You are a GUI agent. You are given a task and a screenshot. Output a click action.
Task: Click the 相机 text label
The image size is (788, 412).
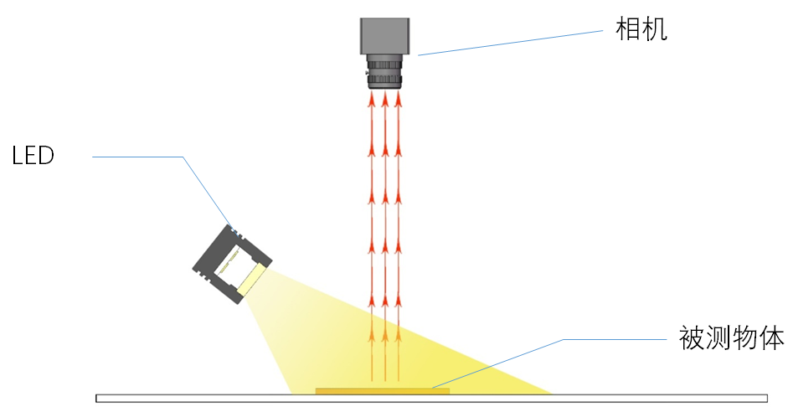tap(641, 29)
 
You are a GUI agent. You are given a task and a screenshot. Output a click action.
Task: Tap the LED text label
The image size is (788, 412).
tap(33, 156)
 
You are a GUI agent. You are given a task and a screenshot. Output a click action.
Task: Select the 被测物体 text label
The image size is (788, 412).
tap(731, 337)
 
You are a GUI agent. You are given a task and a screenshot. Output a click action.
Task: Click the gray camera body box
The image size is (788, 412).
tap(385, 36)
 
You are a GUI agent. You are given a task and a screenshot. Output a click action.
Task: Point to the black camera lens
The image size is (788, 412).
tap(385, 72)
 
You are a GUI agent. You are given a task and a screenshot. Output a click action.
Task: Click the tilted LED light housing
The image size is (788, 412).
tap(232, 265)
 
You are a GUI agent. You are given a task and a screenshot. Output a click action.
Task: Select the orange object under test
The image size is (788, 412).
tap(383, 391)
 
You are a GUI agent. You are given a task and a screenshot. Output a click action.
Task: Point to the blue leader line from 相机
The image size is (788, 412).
tap(510, 43)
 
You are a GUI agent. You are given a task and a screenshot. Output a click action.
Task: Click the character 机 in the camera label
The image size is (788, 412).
tap(655, 29)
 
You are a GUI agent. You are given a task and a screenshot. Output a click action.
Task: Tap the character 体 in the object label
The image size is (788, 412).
tap(771, 337)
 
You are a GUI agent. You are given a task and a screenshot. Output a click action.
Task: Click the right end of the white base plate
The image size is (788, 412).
tap(767, 399)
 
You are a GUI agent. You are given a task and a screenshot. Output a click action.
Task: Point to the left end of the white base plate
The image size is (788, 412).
tap(97, 399)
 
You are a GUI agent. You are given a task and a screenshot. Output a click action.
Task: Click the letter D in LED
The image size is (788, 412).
tap(47, 156)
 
